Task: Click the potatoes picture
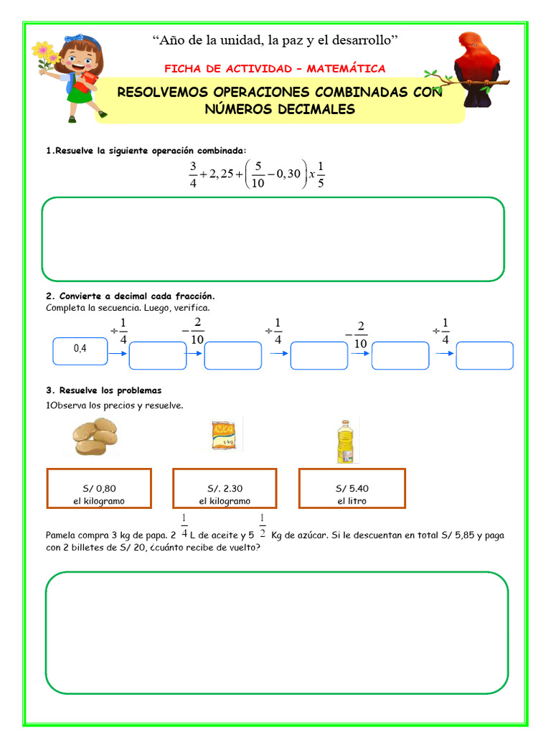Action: coord(95,436)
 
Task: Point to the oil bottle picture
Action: coord(347,439)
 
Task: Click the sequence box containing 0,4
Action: coord(80,350)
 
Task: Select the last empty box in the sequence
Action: coord(484,355)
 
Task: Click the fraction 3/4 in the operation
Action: coord(193,174)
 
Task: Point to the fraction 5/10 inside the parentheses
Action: coord(258,174)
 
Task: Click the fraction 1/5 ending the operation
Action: coord(320,174)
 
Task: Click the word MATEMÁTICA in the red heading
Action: coord(346,69)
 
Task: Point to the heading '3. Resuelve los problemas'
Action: coord(104,390)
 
